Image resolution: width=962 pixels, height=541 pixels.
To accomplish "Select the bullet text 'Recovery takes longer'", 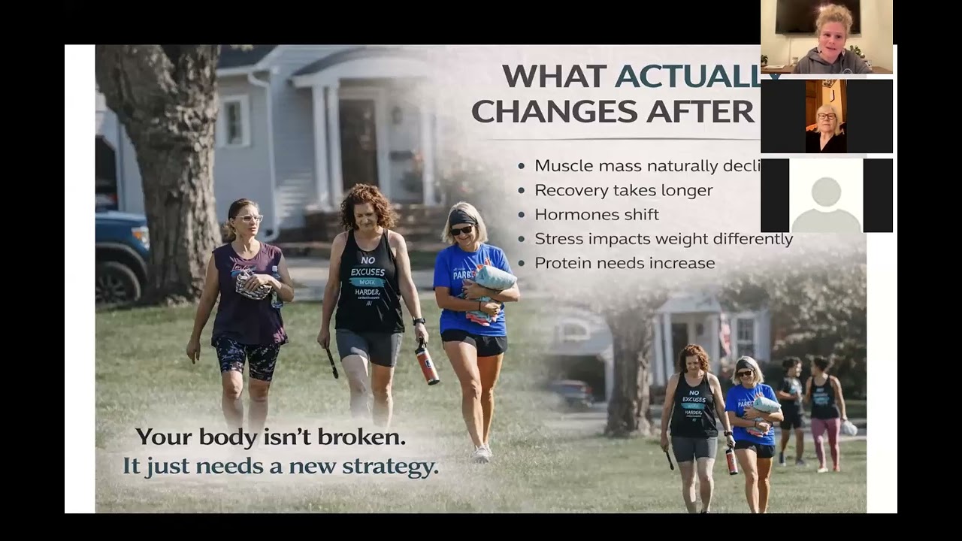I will point(623,190).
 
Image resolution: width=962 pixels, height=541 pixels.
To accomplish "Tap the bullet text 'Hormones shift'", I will point(597,214).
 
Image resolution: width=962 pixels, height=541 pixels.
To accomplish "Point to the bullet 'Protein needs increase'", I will point(625,263).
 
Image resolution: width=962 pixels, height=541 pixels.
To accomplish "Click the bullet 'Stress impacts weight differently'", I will point(664,239).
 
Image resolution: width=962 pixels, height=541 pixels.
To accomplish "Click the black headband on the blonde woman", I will point(462,217).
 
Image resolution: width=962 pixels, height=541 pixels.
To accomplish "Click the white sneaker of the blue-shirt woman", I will point(481,453).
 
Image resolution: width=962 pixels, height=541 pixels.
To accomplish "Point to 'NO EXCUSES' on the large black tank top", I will point(368,266).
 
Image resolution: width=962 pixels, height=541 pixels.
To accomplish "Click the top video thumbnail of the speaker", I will point(826,37).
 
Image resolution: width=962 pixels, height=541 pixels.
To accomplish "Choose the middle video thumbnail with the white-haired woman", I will point(826,116).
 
